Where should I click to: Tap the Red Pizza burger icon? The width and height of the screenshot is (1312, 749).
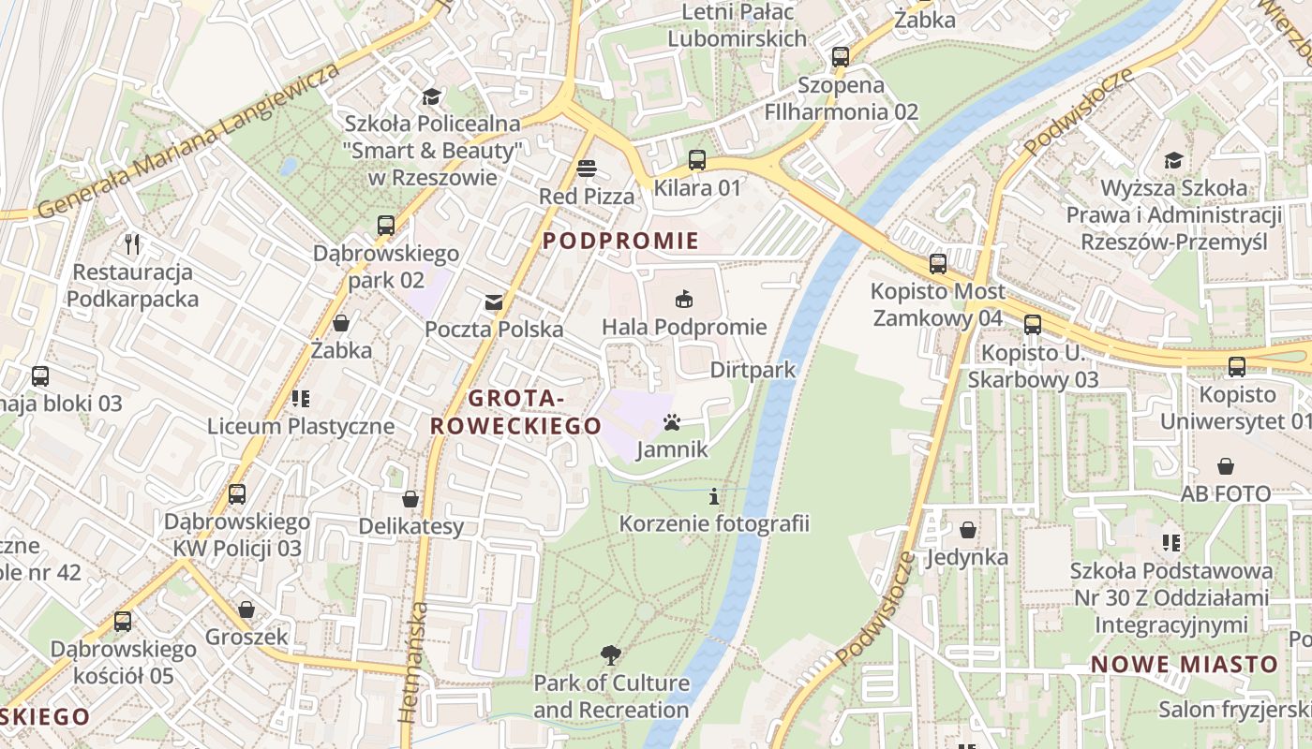pos(587,169)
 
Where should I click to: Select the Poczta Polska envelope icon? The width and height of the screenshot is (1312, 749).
pos(493,302)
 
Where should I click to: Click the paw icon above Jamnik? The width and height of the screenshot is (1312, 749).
pos(672,422)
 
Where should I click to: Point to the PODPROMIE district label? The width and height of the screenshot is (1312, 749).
pos(620,242)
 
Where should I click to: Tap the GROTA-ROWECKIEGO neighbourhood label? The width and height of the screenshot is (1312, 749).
pos(515,412)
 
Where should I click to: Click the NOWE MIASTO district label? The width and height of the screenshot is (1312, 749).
pos(1185,665)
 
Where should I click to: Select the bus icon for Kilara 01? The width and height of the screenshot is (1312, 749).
pos(696,160)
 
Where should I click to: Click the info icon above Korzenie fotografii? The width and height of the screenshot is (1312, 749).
pos(714,496)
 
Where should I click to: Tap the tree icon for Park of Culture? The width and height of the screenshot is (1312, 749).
pos(611,654)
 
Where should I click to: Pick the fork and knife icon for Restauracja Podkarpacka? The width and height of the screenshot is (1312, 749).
pos(132,244)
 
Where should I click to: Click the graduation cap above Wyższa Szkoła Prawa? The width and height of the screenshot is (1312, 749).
pos(1172,160)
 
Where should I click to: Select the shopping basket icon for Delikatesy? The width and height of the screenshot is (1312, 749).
pos(410,499)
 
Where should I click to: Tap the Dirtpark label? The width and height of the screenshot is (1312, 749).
pos(753,370)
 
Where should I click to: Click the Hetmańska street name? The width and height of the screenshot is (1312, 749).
pos(413,662)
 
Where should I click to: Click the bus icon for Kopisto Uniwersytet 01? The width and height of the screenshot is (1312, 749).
pos(1237,367)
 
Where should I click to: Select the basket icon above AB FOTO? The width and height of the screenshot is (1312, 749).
pos(1225,466)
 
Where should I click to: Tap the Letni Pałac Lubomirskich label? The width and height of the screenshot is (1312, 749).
pos(738,25)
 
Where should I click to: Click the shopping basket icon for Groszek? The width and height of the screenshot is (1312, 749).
pos(246,609)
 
